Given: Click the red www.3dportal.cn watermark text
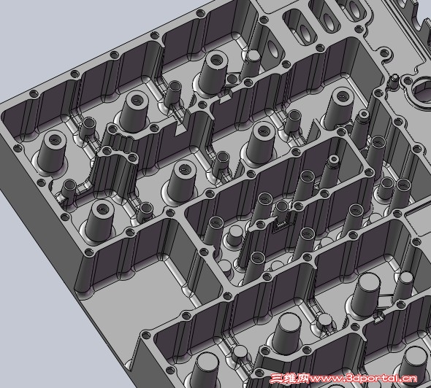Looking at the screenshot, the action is [363, 379].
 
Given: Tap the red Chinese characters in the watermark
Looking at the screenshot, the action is [290, 379].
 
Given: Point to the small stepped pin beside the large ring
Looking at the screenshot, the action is [394, 81].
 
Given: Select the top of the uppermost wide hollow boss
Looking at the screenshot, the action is [217, 59].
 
